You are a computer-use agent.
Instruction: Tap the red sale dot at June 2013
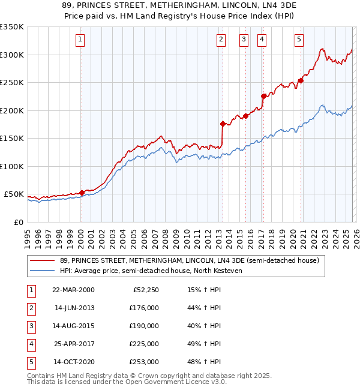click(223, 124)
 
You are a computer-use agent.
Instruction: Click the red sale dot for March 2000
click(82, 193)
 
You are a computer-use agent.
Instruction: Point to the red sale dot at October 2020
click(301, 81)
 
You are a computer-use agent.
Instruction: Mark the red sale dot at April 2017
click(263, 96)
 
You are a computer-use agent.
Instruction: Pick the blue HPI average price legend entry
click(150, 271)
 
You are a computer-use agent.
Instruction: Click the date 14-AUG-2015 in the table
click(74, 326)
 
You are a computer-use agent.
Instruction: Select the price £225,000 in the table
click(144, 344)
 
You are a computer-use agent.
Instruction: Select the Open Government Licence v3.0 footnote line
click(127, 382)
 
